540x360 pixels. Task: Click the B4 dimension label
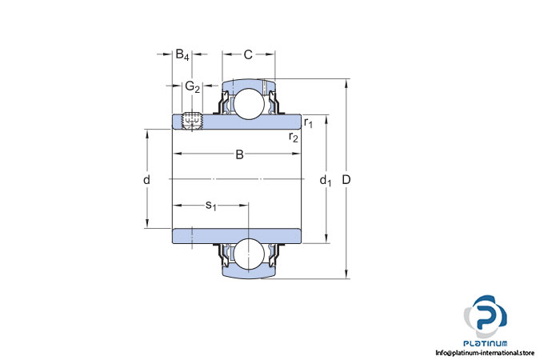(182, 54)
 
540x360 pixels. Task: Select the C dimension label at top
(248, 54)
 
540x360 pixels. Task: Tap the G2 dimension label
(192, 86)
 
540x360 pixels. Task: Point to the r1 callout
(308, 122)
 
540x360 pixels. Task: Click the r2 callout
(294, 137)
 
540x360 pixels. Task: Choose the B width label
(239, 154)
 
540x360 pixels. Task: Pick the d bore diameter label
(146, 179)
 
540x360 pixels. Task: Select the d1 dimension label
(326, 181)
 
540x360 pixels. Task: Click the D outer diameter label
(346, 179)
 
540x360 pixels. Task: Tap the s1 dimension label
(210, 206)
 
